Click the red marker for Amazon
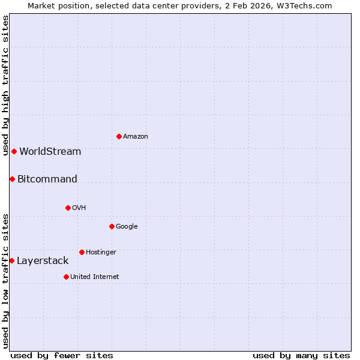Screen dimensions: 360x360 [x=119, y=137]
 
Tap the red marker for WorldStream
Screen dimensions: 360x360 [x=14, y=151]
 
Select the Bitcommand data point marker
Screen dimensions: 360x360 [x=12, y=179]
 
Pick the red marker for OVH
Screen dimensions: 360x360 [x=68, y=208]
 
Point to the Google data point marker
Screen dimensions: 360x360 [x=112, y=226]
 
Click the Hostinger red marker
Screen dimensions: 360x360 [x=82, y=252]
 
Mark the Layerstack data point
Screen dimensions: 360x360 [x=12, y=260]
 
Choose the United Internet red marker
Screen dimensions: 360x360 [x=66, y=277]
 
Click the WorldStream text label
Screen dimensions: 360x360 [x=50, y=151]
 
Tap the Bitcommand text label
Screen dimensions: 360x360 [x=47, y=179]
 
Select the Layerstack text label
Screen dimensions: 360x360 [x=43, y=260]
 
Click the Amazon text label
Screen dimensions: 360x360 [x=136, y=137]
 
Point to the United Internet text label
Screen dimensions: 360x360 [x=95, y=277]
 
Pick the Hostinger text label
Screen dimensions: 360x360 [x=101, y=252]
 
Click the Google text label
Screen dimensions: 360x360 [x=127, y=226]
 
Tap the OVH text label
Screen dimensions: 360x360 [x=79, y=208]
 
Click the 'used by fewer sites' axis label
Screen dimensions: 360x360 [x=62, y=355]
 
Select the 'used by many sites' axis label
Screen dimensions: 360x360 [x=301, y=355]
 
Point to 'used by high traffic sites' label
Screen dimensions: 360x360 [x=5, y=85]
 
